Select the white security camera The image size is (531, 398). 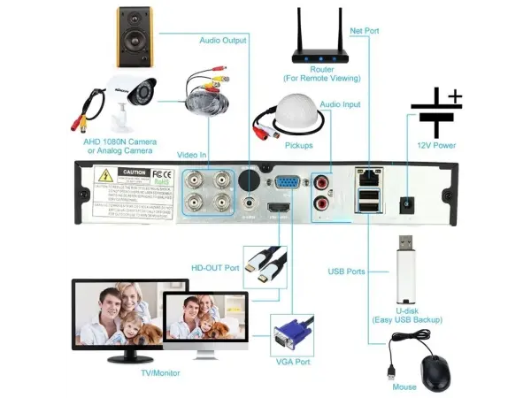125,96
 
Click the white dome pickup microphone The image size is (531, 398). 285,116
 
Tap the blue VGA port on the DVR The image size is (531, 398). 283,185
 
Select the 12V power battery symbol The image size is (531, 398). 435,112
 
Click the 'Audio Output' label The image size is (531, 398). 222,40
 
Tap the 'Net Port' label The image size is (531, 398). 365,31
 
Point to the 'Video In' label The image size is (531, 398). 192,155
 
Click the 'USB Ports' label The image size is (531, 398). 346,272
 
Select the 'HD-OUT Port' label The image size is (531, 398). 215,266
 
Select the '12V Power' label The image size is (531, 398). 435,145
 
